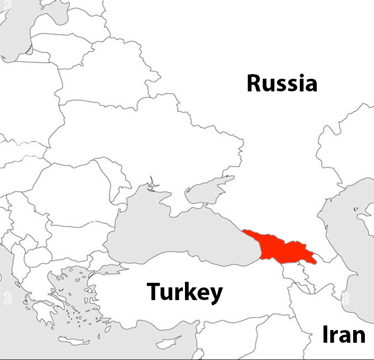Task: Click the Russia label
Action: tap(282, 83)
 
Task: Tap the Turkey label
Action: tap(184, 292)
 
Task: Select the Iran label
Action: tap(344, 335)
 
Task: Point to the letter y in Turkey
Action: tap(215, 294)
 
